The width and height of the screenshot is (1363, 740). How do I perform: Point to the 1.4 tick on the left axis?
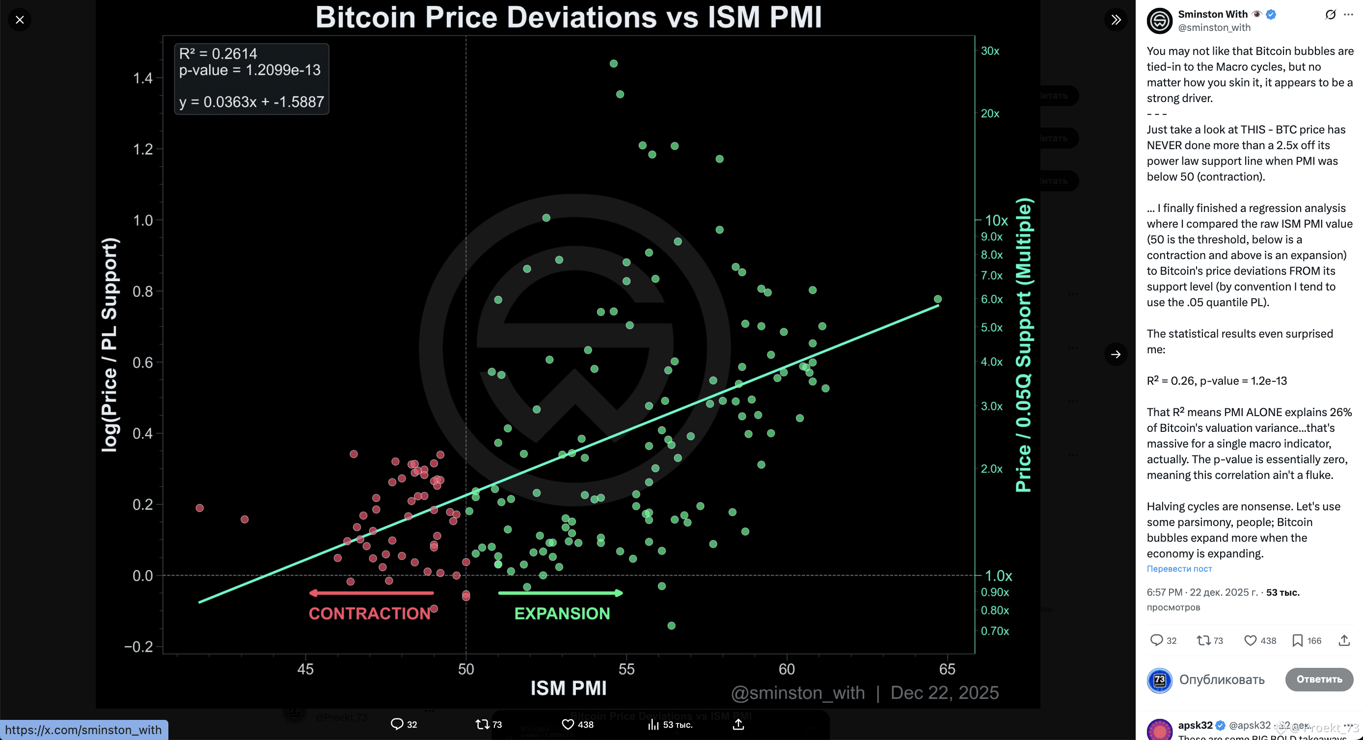click(x=142, y=79)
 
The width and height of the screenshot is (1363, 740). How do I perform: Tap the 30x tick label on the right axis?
click(x=989, y=51)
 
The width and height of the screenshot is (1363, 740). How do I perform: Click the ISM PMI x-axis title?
click(x=568, y=688)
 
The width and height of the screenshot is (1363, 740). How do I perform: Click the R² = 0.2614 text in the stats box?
click(x=218, y=53)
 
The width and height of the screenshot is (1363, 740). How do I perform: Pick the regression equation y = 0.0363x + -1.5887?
click(x=251, y=102)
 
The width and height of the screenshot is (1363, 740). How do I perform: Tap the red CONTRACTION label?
click(x=369, y=613)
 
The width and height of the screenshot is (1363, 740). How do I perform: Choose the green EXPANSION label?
click(x=562, y=613)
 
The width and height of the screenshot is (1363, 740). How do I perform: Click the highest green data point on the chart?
click(x=613, y=63)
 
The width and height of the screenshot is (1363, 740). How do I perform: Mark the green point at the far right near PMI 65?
click(x=938, y=299)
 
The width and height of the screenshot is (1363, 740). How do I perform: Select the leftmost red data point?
click(x=199, y=508)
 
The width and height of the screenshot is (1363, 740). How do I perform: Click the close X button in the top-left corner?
click(x=20, y=20)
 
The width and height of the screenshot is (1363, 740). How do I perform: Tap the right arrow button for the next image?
click(x=1116, y=354)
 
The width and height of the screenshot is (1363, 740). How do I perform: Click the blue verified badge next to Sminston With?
click(x=1271, y=14)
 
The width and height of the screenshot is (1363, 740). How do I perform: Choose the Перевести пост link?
click(x=1179, y=569)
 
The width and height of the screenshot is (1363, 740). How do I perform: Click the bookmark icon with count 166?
click(x=1297, y=640)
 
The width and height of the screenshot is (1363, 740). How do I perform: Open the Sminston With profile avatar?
click(x=1159, y=21)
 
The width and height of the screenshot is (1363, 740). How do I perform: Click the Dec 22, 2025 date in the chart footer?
click(x=944, y=693)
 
